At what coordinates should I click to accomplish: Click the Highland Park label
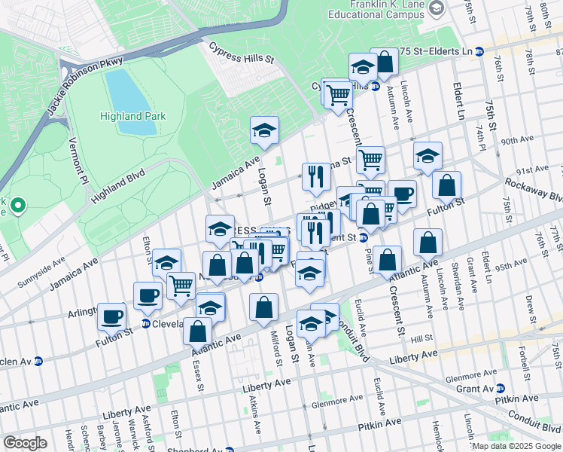click(x=129, y=116)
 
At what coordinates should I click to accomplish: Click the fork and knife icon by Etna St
click(x=316, y=176)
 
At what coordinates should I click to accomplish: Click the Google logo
click(x=26, y=442)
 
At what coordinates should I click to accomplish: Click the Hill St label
click(x=421, y=338)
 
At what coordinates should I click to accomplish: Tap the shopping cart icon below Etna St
click(x=370, y=160)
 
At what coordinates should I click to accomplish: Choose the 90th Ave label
click(x=517, y=141)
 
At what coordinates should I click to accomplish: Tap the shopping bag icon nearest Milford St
click(x=263, y=307)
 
